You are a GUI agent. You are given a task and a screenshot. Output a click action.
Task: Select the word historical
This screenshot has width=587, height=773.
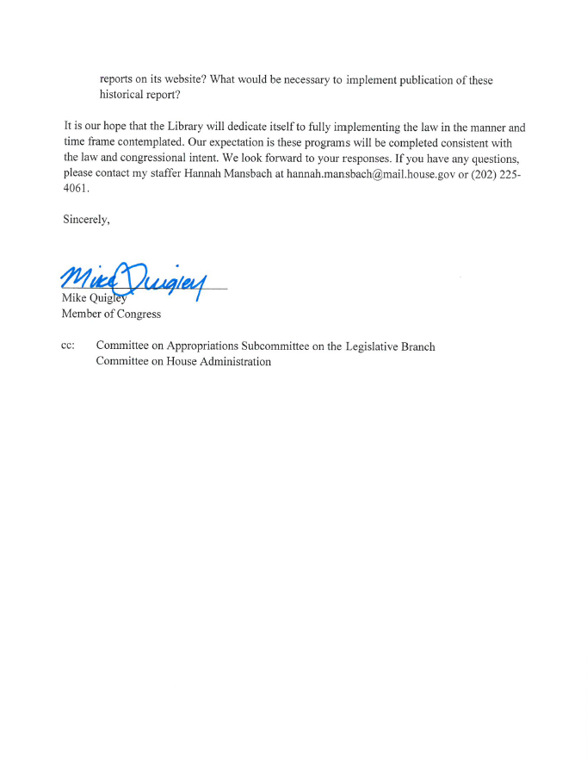[x=124, y=95]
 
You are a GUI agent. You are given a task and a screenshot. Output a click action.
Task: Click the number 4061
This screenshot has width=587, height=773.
[x=75, y=189]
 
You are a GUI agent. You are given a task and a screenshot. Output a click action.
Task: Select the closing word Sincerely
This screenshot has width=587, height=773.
[x=86, y=220]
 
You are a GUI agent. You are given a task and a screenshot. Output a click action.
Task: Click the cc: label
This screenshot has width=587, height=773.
[x=68, y=346]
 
